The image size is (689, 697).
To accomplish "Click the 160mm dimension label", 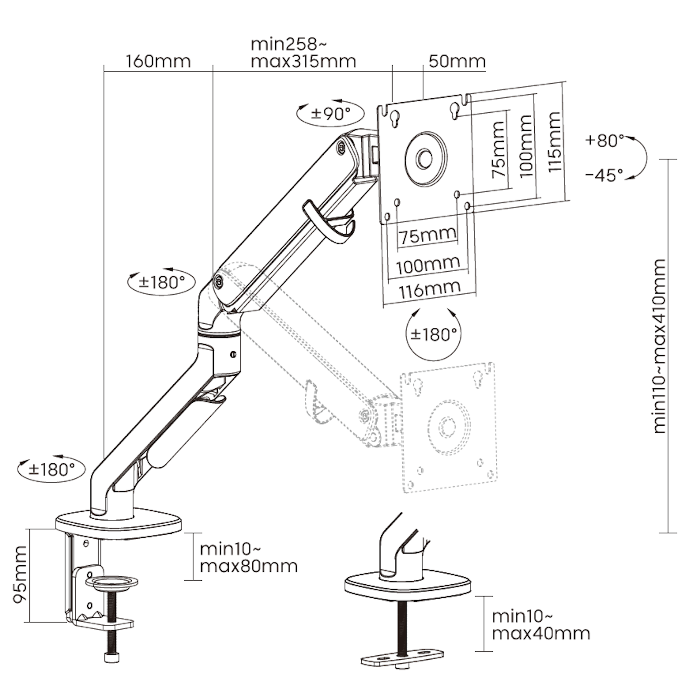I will tap(158, 61).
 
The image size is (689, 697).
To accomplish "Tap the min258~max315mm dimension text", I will tap(303, 53).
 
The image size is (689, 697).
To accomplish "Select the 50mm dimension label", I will tap(457, 61).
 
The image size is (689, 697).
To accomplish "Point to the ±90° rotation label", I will tap(331, 114).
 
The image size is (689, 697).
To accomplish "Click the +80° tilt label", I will tap(604, 140).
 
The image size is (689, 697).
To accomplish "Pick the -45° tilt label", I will tap(604, 176).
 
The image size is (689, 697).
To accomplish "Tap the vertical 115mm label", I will tap(554, 142).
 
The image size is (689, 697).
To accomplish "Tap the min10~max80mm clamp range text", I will tap(249, 558).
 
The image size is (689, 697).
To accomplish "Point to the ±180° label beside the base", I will tap(52, 469).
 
